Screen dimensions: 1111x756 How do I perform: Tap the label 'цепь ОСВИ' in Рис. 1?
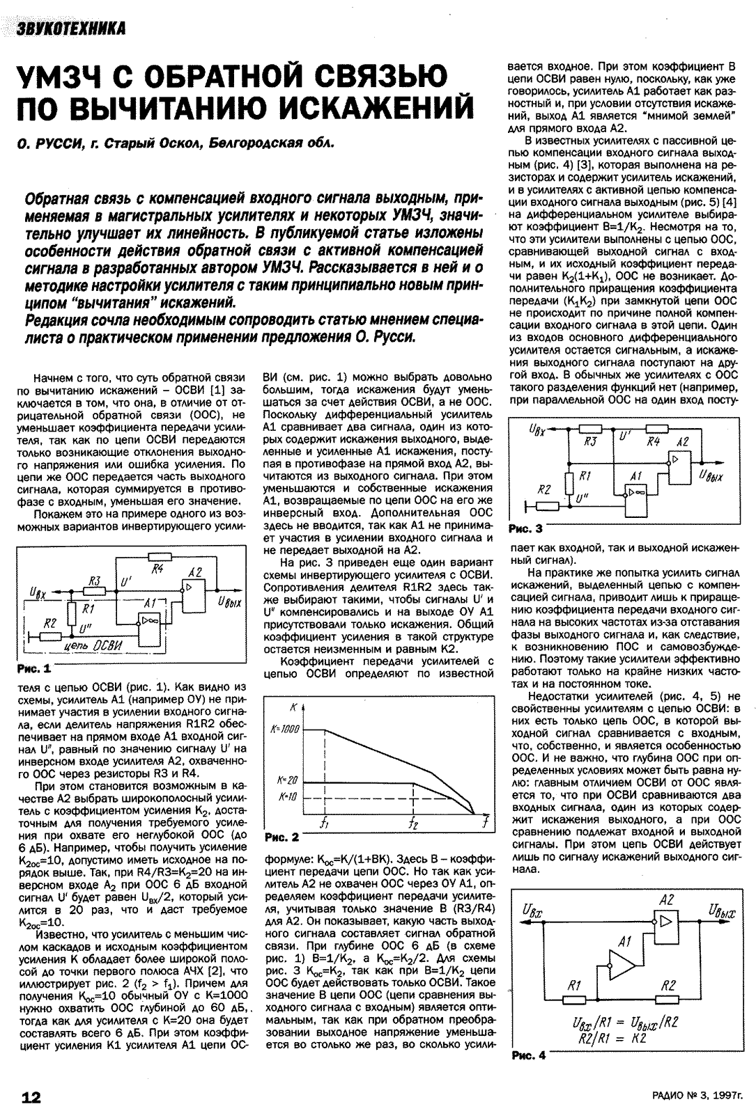click(x=92, y=647)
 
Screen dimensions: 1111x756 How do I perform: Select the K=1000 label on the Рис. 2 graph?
click(x=284, y=728)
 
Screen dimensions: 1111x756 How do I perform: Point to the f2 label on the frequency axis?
click(x=414, y=824)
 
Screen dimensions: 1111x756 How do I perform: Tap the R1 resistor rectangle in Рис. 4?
click(x=575, y=1000)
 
